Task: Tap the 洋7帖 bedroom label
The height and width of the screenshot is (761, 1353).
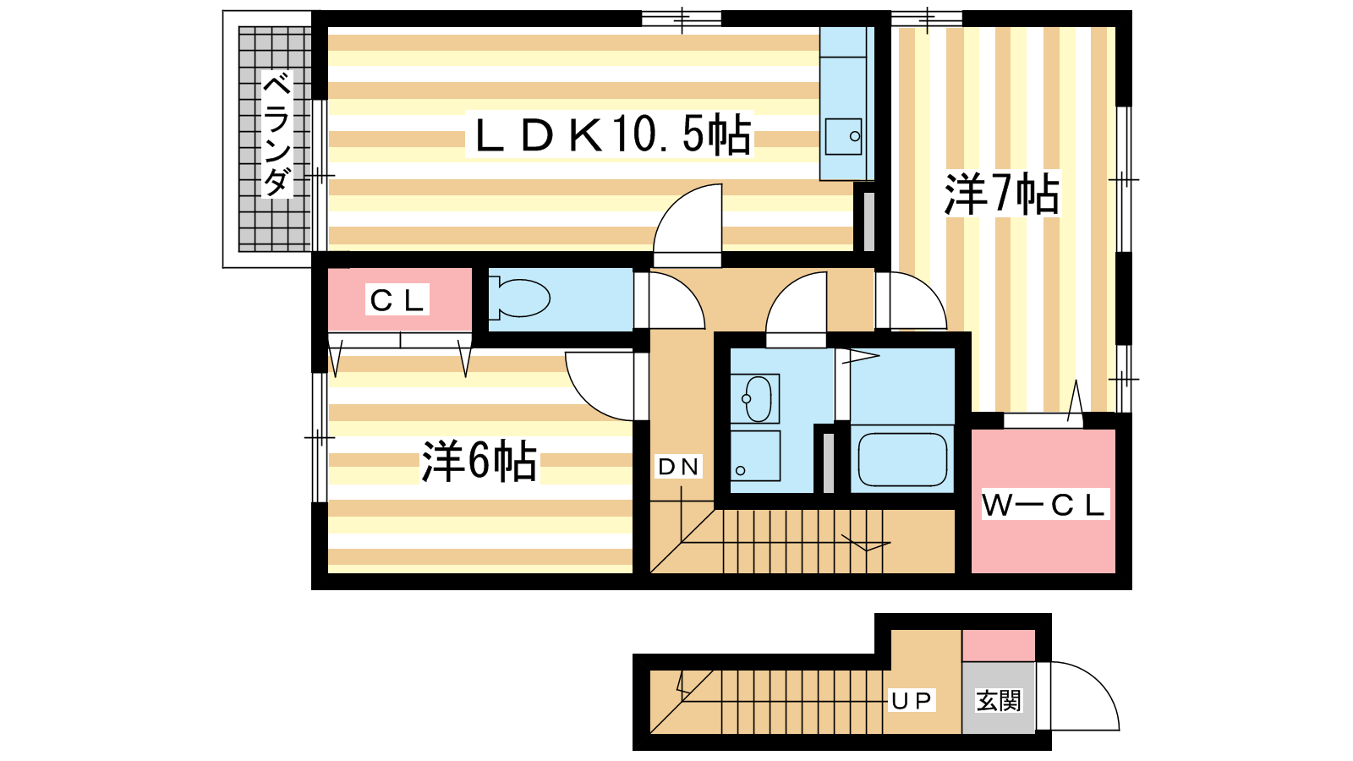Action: click(x=1001, y=194)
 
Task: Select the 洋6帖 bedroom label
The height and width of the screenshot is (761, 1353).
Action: click(x=479, y=461)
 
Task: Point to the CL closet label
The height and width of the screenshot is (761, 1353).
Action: click(x=397, y=300)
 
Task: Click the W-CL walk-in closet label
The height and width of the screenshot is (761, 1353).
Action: click(x=1044, y=505)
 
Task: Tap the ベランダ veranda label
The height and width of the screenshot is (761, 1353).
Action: click(x=276, y=135)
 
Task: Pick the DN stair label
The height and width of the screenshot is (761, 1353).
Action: click(x=678, y=466)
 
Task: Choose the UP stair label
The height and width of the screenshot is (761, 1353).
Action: click(x=911, y=700)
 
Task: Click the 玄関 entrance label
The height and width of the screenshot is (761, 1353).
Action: click(x=999, y=700)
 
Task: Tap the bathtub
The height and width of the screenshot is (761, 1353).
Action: click(x=901, y=459)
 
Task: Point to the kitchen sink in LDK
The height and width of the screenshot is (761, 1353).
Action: click(x=843, y=136)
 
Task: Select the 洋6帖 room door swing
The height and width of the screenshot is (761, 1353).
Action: click(x=600, y=385)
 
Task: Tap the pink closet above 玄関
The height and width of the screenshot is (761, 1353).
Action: click(x=999, y=645)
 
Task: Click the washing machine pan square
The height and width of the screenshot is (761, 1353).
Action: click(x=754, y=457)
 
